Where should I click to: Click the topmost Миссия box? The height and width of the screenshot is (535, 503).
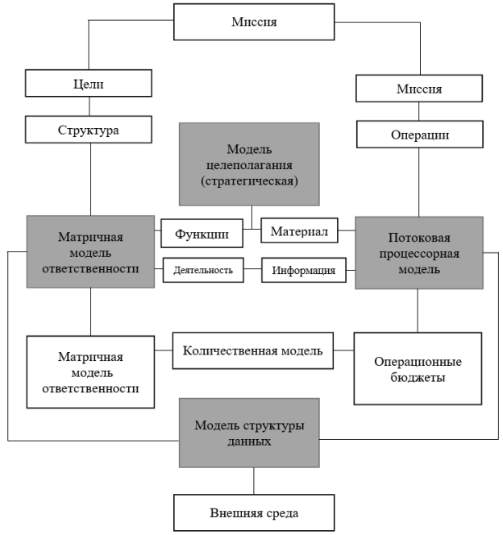point(254,23)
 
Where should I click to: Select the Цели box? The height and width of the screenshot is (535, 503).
point(89,84)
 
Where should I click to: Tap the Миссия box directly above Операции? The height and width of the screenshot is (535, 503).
point(418,89)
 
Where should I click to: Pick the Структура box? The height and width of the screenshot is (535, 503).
point(89,128)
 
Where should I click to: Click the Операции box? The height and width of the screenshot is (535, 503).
point(418,135)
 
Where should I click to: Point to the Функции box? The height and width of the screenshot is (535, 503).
point(208,234)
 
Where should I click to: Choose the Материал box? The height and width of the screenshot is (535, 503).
point(298,232)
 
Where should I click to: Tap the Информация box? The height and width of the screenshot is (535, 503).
point(303,270)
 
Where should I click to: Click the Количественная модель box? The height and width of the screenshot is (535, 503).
point(252,350)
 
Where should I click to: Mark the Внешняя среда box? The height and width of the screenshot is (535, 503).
point(254,512)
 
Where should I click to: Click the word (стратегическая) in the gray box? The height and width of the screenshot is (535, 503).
point(250,181)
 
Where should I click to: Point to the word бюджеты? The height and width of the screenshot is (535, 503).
point(418,377)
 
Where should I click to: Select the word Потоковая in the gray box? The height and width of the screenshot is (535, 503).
point(418,238)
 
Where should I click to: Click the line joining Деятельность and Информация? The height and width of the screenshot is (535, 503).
point(252,270)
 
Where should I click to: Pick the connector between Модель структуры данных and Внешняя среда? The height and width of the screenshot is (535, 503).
point(254,480)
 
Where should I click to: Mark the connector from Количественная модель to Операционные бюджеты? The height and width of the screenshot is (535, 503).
point(343,350)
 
